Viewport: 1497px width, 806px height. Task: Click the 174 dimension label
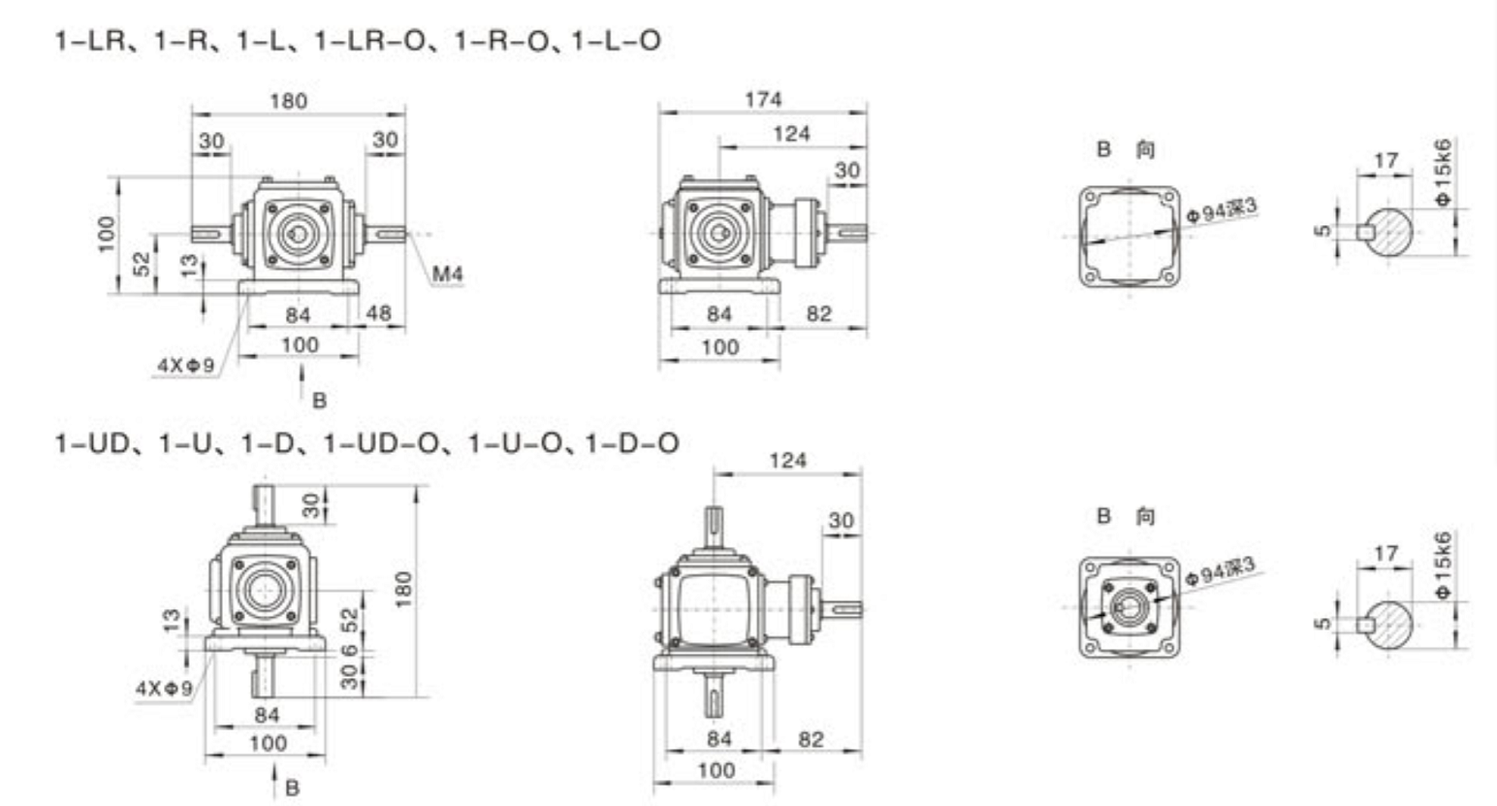coord(762,100)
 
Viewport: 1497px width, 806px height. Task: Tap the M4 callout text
coord(447,274)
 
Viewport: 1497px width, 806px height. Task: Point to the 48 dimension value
coord(379,313)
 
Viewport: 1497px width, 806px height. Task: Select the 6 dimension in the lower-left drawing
coord(349,650)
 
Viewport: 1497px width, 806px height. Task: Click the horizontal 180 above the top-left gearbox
coord(289,101)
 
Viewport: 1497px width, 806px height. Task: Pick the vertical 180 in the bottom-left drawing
coord(403,590)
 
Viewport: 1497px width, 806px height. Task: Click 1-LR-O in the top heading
coord(368,42)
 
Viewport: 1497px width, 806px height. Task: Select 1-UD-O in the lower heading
coord(381,444)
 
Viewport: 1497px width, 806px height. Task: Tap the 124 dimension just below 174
coord(792,134)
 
